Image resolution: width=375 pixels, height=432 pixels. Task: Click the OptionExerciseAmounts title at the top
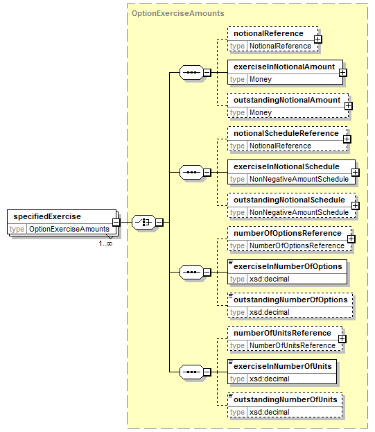[178, 13]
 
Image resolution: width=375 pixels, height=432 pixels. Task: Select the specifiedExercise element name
[47, 216]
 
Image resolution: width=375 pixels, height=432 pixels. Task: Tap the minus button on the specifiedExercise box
[116, 222]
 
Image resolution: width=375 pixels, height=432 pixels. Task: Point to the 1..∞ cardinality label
[105, 243]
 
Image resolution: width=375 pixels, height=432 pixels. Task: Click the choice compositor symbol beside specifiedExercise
[143, 222]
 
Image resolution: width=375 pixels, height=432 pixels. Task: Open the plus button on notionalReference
[317, 39]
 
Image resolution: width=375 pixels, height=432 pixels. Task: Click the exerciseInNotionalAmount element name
[284, 67]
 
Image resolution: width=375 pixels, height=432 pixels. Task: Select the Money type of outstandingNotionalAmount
[261, 113]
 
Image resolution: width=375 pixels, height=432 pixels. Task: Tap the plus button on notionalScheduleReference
[347, 139]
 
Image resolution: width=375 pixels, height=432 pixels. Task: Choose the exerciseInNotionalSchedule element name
[286, 166]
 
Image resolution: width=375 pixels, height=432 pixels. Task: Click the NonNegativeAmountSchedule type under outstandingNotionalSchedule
[299, 212]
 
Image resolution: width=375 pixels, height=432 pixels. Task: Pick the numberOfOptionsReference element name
[288, 233]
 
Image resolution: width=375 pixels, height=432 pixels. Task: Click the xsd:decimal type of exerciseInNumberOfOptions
[269, 279]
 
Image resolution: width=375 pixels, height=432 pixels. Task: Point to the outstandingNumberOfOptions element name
[290, 300]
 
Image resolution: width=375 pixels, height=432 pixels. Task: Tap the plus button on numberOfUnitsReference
[342, 339]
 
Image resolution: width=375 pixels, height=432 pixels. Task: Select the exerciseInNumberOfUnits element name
[283, 366]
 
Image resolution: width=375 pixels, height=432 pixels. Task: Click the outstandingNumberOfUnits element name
[286, 399]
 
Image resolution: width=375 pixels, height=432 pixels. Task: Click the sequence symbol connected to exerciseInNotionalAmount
[191, 72]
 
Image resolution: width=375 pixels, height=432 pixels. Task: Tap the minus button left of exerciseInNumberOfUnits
[207, 372]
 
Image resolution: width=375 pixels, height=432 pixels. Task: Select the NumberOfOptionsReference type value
[297, 245]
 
